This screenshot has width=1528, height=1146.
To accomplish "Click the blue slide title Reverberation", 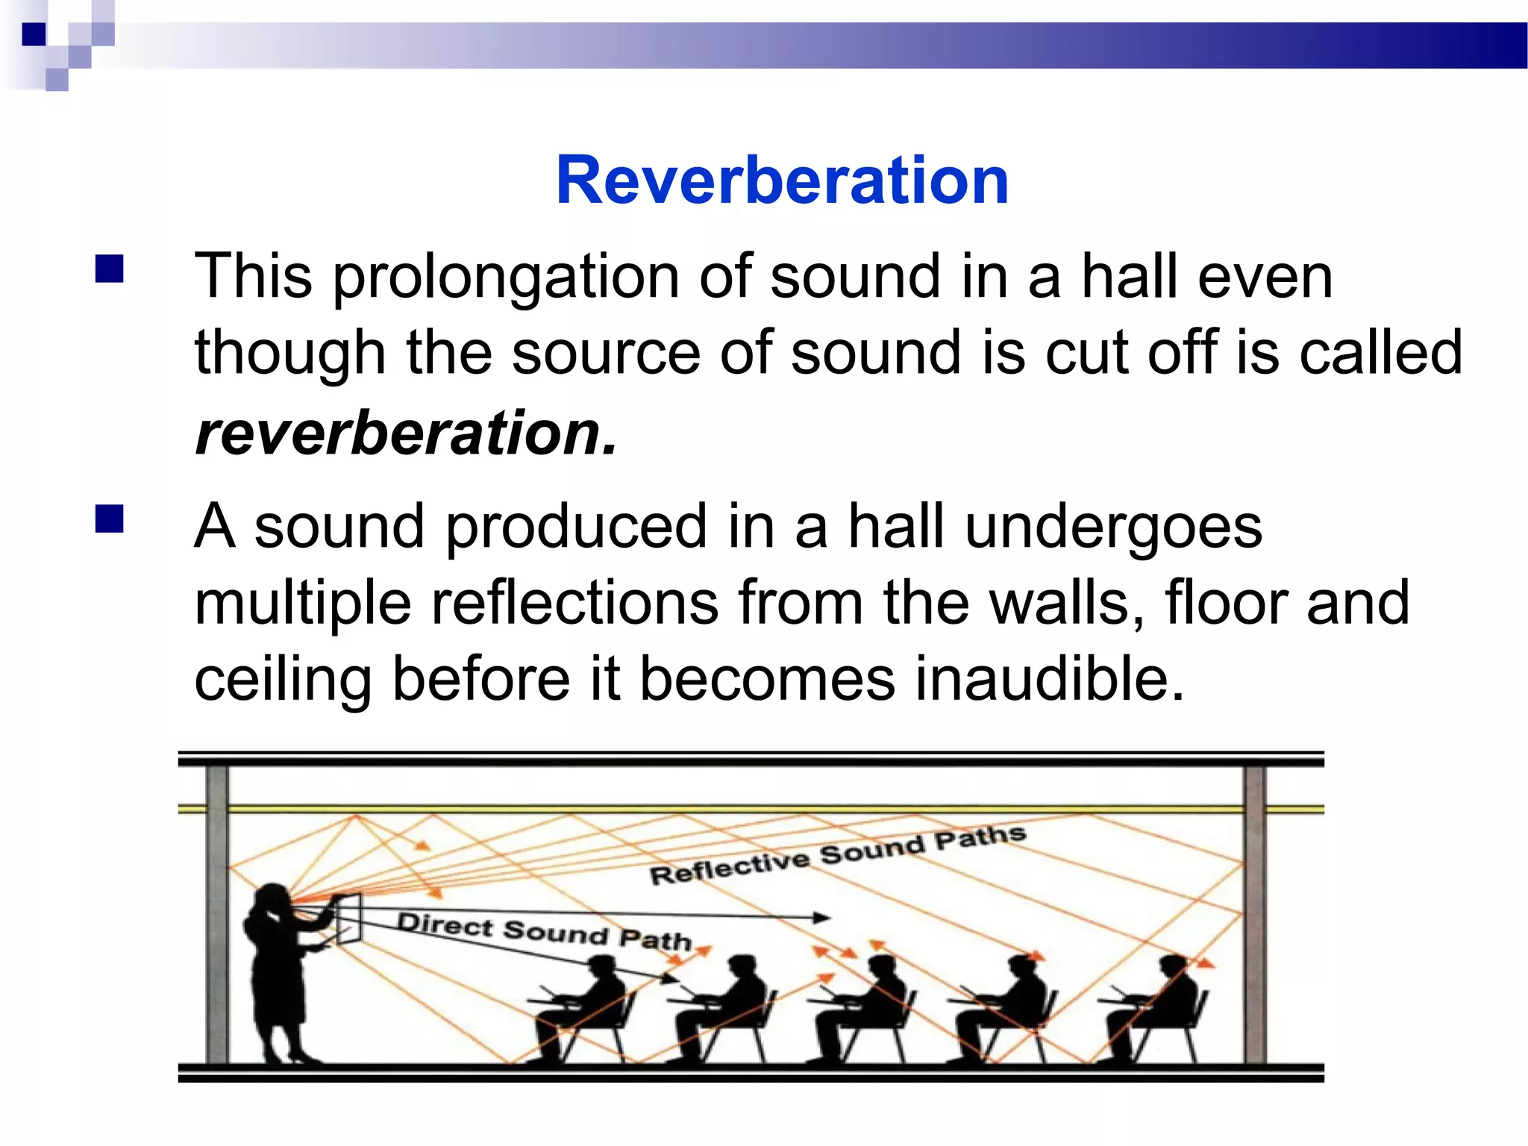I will (782, 181).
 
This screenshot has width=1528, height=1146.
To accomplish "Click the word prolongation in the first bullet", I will (505, 278).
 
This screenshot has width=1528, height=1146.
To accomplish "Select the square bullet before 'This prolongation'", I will (110, 269).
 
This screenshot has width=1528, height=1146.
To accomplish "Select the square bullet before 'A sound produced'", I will (110, 519).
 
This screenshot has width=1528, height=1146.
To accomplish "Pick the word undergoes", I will (1113, 527).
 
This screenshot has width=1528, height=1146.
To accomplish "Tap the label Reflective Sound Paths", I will (837, 855).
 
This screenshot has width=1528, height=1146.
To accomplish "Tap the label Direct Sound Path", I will (544, 932).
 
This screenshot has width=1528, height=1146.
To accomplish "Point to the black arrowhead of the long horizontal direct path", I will (821, 918).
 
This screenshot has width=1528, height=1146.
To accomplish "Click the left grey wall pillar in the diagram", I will (217, 914).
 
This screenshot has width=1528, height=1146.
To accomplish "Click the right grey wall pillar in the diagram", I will (1253, 914).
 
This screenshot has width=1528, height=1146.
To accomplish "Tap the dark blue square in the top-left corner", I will (34, 34).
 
